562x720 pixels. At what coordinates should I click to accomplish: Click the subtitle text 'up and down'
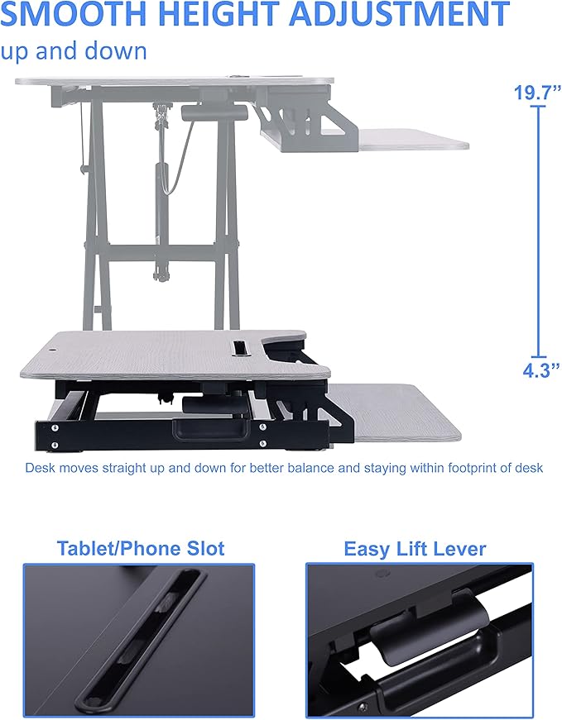point(74,50)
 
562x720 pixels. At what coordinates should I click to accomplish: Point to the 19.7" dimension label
point(536,93)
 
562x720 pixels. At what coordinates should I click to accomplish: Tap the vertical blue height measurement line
point(540,231)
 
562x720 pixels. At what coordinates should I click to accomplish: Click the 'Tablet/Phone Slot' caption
point(141,548)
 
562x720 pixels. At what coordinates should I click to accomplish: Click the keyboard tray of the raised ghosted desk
point(410,139)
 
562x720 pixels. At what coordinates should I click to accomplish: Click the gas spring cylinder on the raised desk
point(158,186)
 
